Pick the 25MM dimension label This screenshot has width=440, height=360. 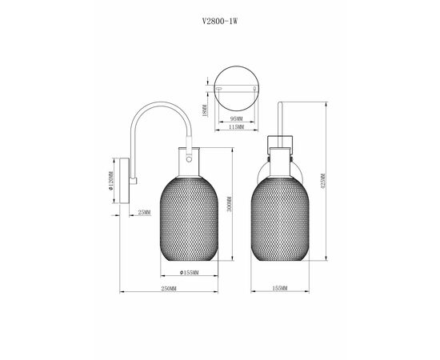tap(144, 212)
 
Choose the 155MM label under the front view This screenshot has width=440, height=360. tap(279, 288)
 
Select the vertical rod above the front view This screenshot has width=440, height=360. tap(279, 120)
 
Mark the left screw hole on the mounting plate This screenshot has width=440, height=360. tap(219, 90)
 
